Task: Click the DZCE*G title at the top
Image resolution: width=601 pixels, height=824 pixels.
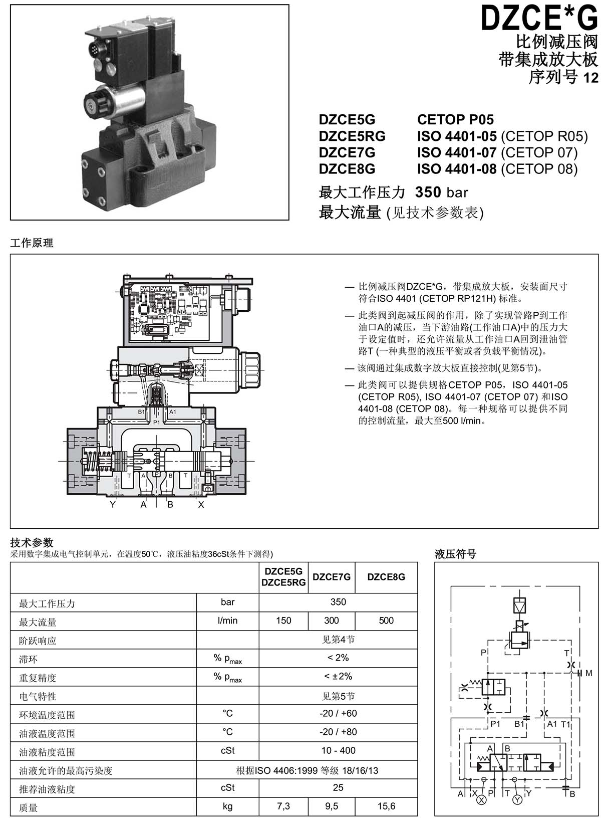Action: (x=539, y=18)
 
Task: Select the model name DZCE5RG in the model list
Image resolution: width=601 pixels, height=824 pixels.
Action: (x=352, y=136)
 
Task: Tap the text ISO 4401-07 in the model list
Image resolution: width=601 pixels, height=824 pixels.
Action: (x=457, y=153)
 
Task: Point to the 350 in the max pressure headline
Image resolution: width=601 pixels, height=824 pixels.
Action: (x=428, y=192)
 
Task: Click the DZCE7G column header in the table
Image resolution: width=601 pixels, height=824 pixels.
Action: (x=331, y=576)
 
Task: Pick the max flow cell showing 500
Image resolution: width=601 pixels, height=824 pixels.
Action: (x=386, y=620)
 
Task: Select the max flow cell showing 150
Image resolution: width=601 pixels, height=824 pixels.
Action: (x=283, y=620)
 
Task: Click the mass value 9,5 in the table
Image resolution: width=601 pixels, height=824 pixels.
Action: (x=331, y=806)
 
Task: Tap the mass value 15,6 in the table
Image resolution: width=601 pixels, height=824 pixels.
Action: (x=386, y=806)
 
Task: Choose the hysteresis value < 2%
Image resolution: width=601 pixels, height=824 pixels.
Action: (x=338, y=658)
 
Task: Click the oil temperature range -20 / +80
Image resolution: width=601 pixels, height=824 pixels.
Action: (x=338, y=732)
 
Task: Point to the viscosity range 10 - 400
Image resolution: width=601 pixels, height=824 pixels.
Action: (x=338, y=750)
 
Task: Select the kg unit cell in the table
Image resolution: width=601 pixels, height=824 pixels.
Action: (x=227, y=806)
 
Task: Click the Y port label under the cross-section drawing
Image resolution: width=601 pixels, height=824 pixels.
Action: (x=113, y=504)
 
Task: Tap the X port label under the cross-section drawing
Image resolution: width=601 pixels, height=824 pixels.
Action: (x=201, y=504)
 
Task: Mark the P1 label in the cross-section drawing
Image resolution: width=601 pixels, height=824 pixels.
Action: (x=157, y=423)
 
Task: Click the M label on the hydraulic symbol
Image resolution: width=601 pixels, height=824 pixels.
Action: (x=589, y=673)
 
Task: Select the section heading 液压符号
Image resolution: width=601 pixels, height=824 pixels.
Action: (x=455, y=554)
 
